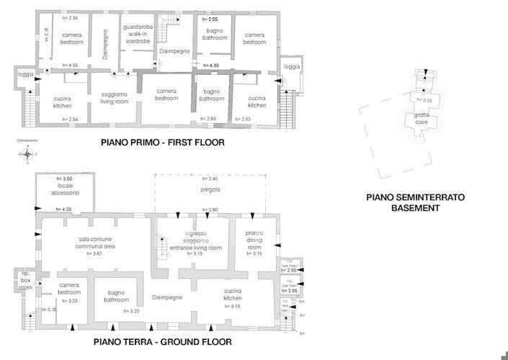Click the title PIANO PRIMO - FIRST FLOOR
click(163, 143)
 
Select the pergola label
click(210, 190)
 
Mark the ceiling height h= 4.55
click(70, 66)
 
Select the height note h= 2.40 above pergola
click(210, 179)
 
